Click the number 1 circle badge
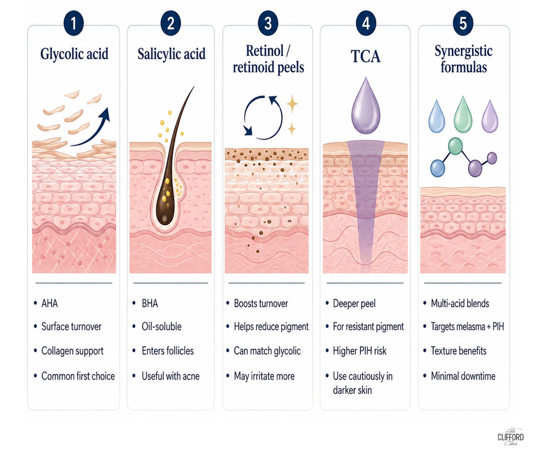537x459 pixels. (x=73, y=23)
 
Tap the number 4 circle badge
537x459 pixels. (x=366, y=23)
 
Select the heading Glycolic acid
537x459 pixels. (x=74, y=54)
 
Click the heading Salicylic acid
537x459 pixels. (x=171, y=54)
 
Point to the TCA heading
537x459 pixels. (x=366, y=56)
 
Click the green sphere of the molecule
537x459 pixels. (x=455, y=146)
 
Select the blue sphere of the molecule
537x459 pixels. (x=438, y=168)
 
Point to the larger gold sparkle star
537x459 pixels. (x=292, y=104)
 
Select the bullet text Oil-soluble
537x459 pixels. (x=162, y=327)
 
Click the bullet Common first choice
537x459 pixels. (x=78, y=376)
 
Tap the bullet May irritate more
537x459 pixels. (x=264, y=376)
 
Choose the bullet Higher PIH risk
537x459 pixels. (x=360, y=351)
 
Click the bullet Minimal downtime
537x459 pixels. (x=463, y=376)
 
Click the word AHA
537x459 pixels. (x=49, y=303)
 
